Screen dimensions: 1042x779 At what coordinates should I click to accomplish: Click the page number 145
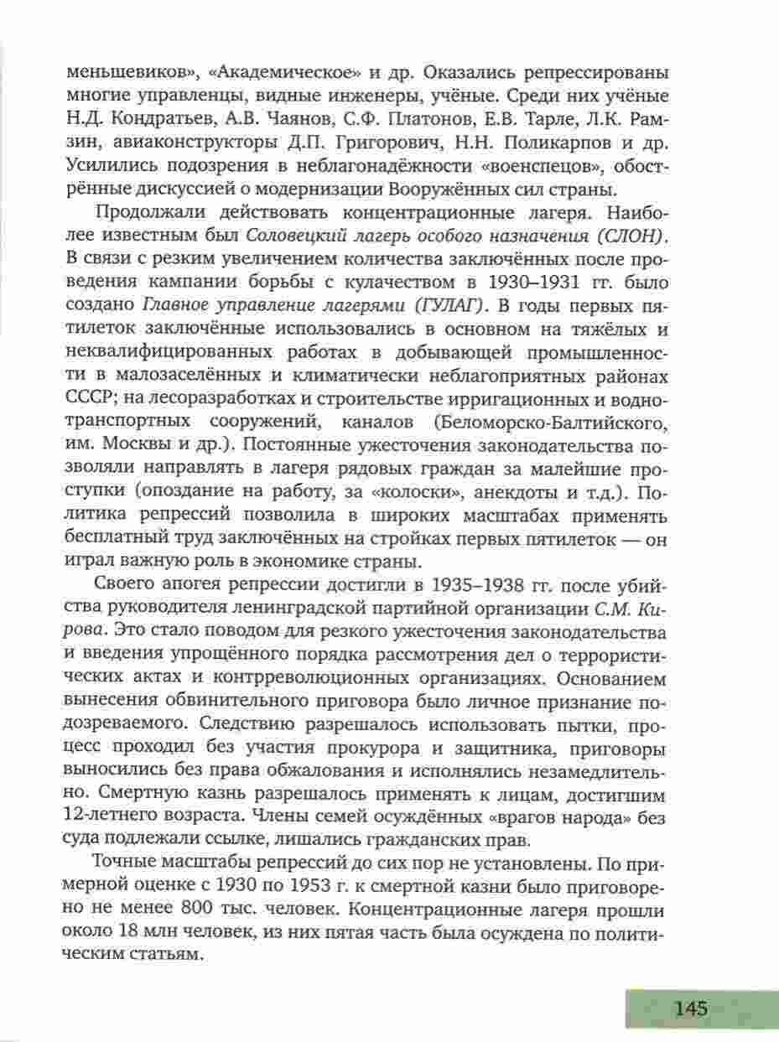click(x=690, y=1008)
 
